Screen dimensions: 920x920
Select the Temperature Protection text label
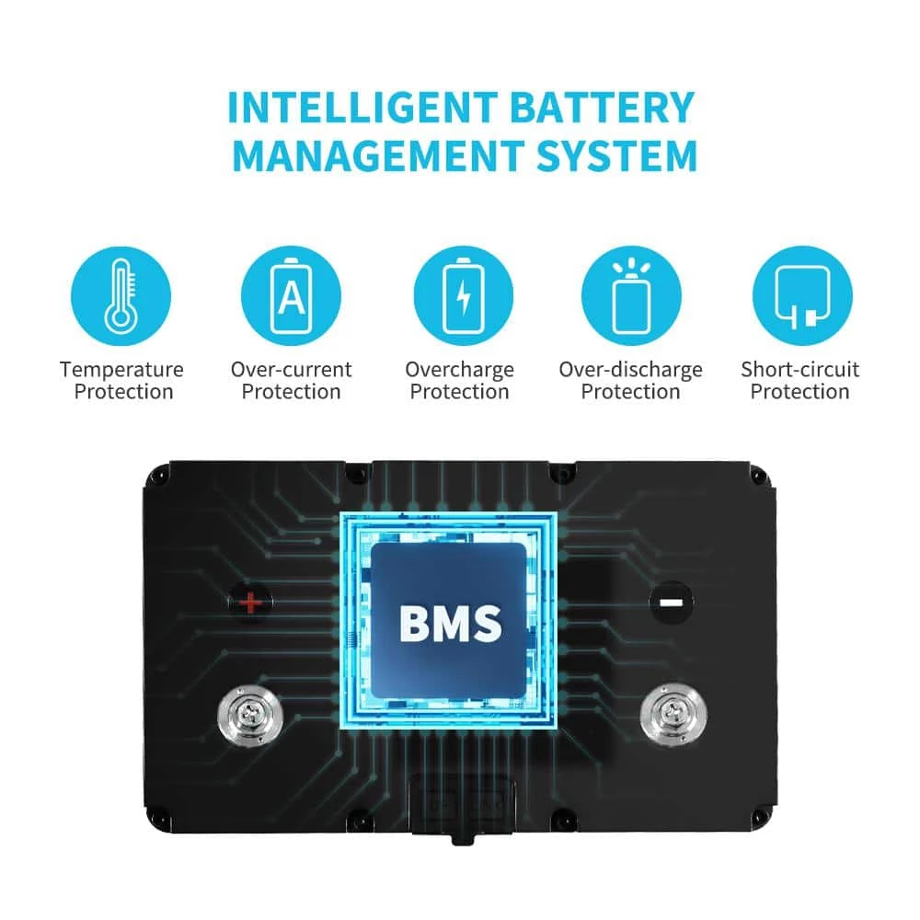tap(121, 381)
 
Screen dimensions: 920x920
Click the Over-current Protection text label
tap(291, 381)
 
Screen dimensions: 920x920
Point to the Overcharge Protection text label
tap(459, 381)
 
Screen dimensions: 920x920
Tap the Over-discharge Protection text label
tap(630, 381)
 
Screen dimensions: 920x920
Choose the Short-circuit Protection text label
tap(799, 381)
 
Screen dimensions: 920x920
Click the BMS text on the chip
tap(450, 623)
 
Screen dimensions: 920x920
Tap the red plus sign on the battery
tap(249, 604)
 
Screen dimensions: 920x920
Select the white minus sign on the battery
tap(670, 604)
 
